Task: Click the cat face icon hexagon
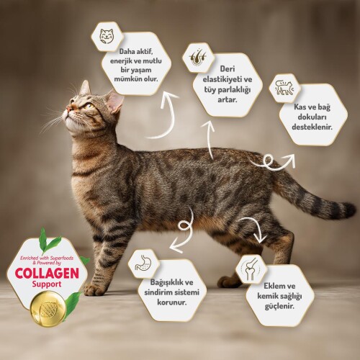coord(107,35)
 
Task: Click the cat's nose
coord(68,111)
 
